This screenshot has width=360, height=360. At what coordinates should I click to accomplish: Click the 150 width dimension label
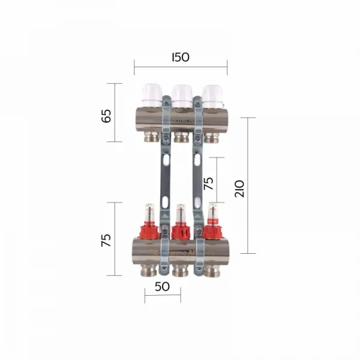coord(180,57)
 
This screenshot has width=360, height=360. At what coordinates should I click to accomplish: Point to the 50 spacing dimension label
coord(162,286)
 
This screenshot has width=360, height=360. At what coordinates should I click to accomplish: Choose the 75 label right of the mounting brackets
coord(209,184)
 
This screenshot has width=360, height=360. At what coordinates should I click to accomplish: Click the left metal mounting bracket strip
coord(164,180)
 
